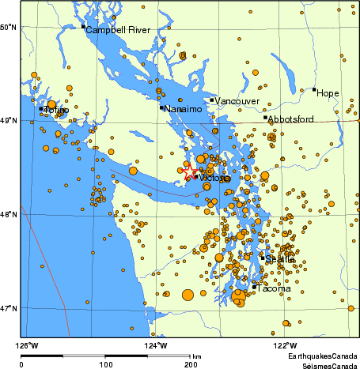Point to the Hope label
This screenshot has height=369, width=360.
click(328, 93)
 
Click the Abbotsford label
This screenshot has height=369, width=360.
click(291, 119)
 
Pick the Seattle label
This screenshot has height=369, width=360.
click(280, 259)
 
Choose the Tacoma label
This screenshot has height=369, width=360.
click(273, 289)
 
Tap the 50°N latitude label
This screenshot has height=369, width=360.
click(9, 28)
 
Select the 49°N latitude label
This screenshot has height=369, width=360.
click(9, 121)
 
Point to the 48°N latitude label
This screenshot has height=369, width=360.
click(9, 214)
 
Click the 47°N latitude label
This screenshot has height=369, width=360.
click(9, 307)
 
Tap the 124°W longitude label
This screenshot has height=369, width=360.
click(156, 345)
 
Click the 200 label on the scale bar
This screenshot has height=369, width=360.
click(190, 364)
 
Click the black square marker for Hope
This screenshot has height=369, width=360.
click(314, 89)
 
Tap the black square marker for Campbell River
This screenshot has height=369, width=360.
click(83, 27)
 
